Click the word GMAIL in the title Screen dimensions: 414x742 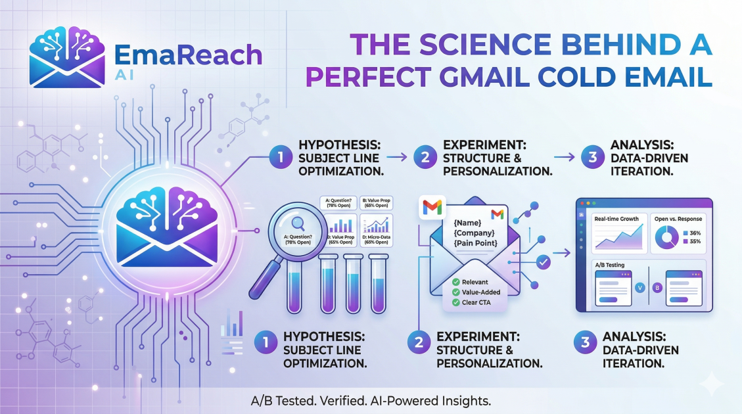click(490, 77)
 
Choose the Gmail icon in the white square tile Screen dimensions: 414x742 click(431, 208)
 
